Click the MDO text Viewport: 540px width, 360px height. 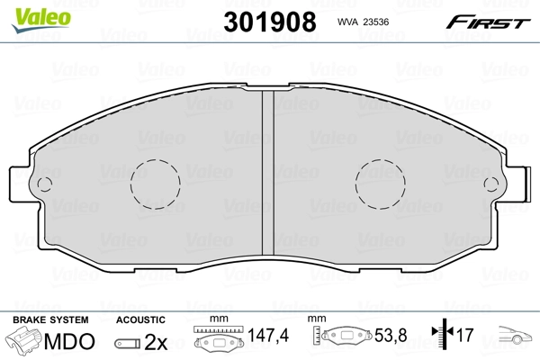[73, 342]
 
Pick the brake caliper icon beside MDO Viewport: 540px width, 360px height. [25, 342]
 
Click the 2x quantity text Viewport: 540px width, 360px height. [157, 342]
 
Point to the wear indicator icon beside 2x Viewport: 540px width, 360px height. [128, 343]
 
